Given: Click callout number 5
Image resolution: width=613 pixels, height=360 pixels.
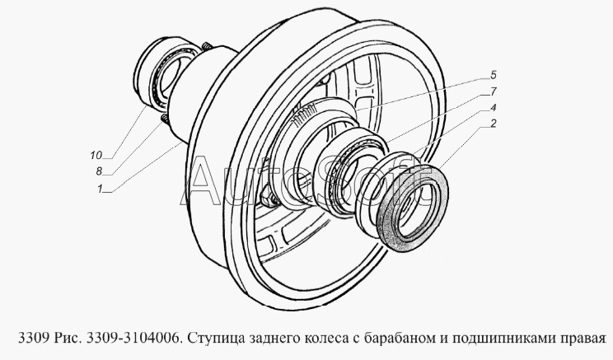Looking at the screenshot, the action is [x=493, y=75].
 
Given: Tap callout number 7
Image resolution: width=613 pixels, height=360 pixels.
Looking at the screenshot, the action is [x=493, y=92].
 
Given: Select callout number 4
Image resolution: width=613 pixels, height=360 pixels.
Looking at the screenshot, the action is [x=493, y=107].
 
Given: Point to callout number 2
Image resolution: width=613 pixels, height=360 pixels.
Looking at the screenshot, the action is [x=493, y=124].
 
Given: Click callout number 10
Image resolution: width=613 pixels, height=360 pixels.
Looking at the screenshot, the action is [x=96, y=156].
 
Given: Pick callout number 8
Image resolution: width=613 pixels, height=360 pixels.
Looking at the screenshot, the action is [x=99, y=171].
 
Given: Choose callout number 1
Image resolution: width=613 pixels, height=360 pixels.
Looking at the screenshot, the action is [x=100, y=189].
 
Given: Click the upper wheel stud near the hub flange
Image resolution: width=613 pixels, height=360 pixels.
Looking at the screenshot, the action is [x=207, y=46].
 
